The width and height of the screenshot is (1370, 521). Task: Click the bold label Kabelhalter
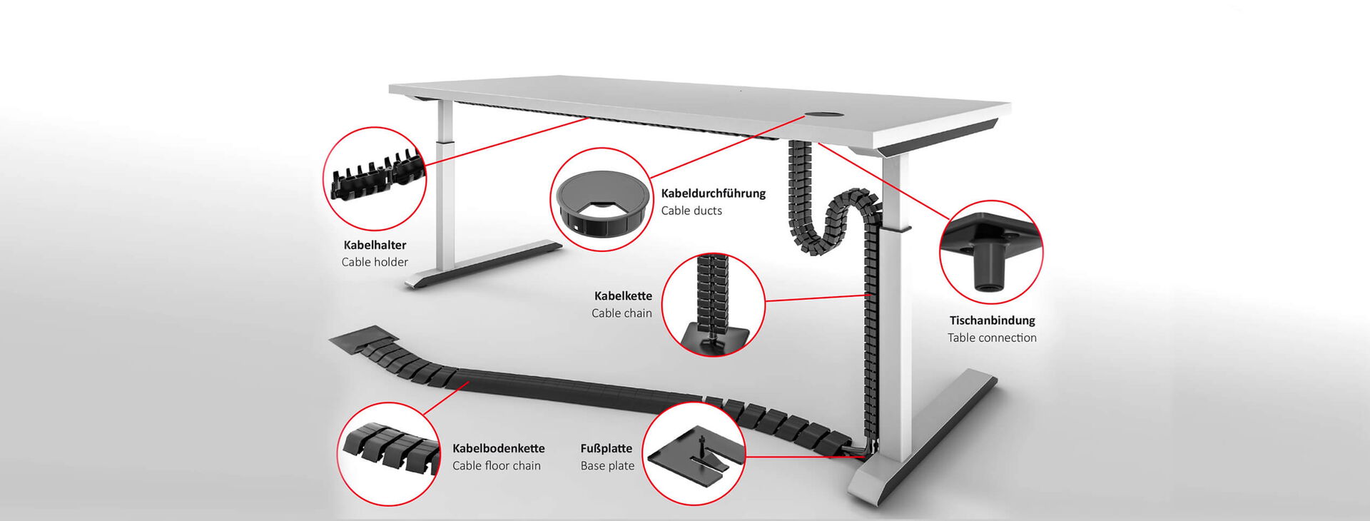click(x=375, y=245)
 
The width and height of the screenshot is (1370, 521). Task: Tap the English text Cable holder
click(x=375, y=262)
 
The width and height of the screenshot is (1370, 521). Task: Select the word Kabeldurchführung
click(x=713, y=193)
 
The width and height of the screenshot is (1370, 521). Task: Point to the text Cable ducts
click(x=691, y=211)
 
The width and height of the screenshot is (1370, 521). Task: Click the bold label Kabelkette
click(x=623, y=295)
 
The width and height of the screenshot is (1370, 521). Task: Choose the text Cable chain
click(x=621, y=313)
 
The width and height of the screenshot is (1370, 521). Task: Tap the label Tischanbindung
click(x=992, y=320)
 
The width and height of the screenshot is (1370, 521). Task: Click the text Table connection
click(x=992, y=338)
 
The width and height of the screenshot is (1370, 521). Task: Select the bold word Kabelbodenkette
click(x=498, y=448)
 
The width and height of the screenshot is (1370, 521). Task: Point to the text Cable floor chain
click(x=496, y=465)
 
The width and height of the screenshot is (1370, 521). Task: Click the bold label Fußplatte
click(x=606, y=448)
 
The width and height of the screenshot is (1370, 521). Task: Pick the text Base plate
click(x=607, y=465)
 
